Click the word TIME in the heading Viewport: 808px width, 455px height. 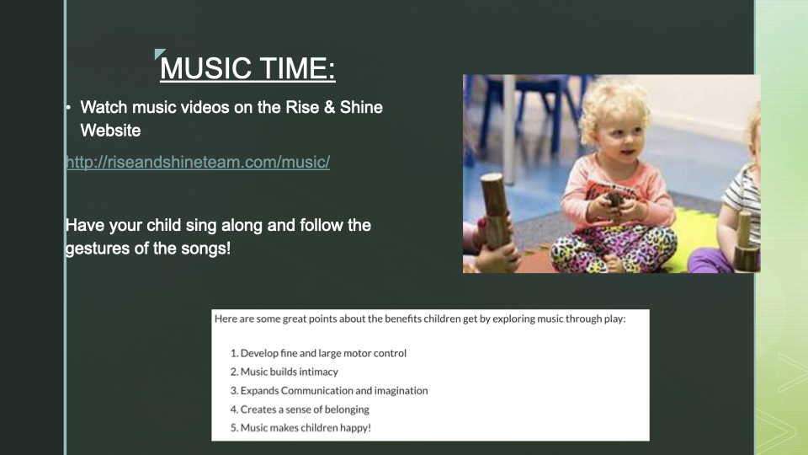293,68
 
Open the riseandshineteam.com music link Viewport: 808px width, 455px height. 198,162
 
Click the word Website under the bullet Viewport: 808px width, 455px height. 110,131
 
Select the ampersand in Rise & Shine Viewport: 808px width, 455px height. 329,107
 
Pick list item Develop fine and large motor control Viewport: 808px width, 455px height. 318,353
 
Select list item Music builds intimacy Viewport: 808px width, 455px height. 284,372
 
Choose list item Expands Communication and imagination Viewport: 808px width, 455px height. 329,390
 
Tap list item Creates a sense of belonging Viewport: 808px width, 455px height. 300,409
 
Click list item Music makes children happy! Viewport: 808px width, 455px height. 300,428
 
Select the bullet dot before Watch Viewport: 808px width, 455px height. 68,107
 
